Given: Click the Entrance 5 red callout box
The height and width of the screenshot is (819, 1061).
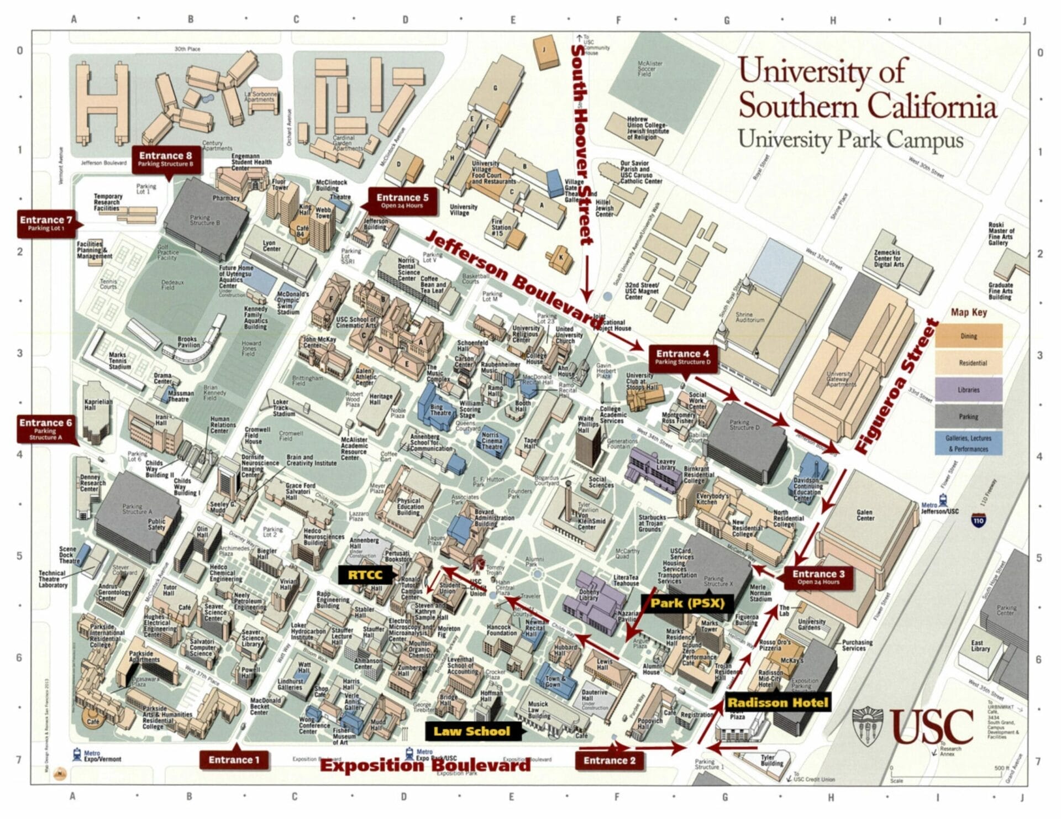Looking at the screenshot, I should (402, 201).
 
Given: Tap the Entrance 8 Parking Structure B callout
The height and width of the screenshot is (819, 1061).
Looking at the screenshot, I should (165, 159).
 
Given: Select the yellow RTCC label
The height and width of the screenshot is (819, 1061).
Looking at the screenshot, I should (365, 575).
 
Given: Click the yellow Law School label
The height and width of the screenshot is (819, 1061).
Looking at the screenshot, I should (471, 732).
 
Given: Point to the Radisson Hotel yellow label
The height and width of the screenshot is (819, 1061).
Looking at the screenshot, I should (778, 703).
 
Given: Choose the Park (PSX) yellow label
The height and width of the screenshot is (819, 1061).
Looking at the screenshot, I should (687, 603).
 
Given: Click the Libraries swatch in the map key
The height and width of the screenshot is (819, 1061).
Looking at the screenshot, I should (968, 390).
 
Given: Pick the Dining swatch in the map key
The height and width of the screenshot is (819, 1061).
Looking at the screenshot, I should (968, 336).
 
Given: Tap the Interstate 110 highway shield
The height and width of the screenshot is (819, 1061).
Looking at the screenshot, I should (978, 521).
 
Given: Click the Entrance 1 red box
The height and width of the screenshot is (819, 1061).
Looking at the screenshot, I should (234, 760).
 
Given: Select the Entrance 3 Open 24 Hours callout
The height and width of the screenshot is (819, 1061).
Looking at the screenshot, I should (816, 577).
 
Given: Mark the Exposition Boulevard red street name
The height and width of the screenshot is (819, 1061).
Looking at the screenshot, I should (426, 766).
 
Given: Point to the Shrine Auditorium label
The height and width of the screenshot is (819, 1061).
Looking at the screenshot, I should (750, 317).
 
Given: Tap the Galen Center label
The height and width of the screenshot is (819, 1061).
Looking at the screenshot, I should (865, 515).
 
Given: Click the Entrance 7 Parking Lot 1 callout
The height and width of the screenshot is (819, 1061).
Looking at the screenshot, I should (46, 223).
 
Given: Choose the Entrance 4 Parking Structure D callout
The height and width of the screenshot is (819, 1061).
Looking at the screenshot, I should (682, 357).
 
